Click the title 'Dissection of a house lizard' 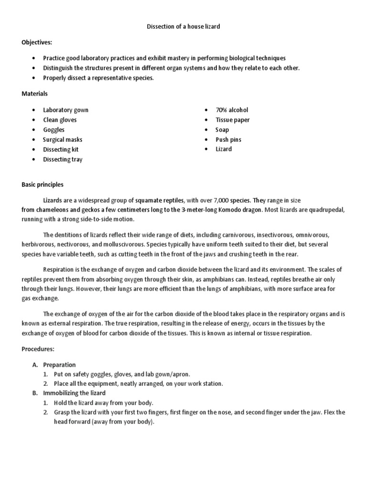click(183, 27)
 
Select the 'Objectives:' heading click(36, 42)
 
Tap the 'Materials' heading click(34, 94)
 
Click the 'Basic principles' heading click(43, 184)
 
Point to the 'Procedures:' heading click(38, 349)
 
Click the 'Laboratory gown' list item click(65, 110)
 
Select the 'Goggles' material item click(54, 130)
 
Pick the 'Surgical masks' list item click(63, 139)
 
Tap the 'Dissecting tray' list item click(63, 159)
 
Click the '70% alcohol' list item click(232, 110)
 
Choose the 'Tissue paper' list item click(232, 120)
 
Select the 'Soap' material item click(222, 130)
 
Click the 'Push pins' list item click(228, 139)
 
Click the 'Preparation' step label click(59, 365)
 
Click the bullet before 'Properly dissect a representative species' click(33, 78)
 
